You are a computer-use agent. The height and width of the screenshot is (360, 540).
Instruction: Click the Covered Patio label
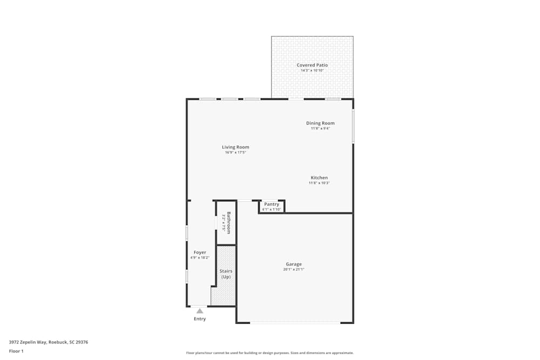click(312, 65)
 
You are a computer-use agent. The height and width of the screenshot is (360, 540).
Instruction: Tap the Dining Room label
click(320, 123)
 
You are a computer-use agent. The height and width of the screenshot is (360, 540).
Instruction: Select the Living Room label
click(235, 147)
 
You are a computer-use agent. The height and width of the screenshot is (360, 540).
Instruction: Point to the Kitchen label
click(319, 178)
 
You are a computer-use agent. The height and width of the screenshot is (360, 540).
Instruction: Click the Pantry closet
click(272, 206)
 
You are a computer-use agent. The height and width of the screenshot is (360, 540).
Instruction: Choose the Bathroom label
click(229, 222)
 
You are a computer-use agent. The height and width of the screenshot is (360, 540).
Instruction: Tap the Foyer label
click(200, 253)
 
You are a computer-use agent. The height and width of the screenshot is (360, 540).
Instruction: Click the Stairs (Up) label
click(225, 274)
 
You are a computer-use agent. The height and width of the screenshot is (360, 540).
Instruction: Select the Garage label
click(294, 264)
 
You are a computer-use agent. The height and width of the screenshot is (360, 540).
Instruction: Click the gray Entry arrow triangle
click(200, 311)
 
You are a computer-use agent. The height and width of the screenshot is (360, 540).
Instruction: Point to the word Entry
click(200, 319)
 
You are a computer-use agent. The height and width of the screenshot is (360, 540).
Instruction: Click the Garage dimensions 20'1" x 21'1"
click(294, 270)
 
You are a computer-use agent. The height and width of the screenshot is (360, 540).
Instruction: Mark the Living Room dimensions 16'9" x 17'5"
click(235, 153)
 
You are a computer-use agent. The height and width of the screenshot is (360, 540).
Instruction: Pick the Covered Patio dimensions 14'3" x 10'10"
click(312, 71)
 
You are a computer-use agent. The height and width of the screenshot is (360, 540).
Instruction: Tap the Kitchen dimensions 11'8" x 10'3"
click(319, 184)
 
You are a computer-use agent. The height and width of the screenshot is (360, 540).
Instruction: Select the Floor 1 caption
click(16, 351)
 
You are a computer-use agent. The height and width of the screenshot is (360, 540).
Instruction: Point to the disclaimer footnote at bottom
click(270, 353)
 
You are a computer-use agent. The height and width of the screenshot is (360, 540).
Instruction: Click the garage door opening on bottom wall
click(295, 323)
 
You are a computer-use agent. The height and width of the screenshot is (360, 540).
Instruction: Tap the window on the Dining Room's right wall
click(353, 126)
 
